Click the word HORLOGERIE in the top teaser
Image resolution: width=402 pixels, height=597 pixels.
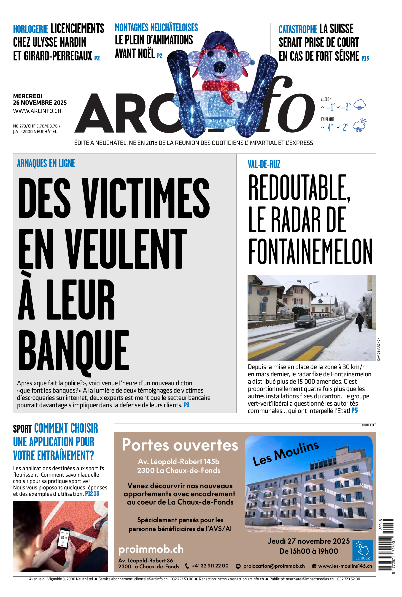coord(30,29)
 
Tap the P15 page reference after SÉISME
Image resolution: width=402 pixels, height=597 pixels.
coord(365,58)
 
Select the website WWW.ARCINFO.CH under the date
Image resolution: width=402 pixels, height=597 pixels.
coord(37,111)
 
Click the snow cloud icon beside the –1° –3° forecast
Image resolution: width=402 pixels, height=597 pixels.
coord(359,105)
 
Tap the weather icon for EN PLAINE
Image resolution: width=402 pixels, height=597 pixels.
coord(359,125)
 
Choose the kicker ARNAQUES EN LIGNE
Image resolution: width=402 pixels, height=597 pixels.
coord(46,163)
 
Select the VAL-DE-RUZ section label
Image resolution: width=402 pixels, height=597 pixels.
coord(264,164)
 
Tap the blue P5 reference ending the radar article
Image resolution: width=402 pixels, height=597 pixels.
coord(354,411)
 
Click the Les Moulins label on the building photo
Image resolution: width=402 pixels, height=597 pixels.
coord(286,454)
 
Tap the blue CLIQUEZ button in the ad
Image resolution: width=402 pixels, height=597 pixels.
coord(362,550)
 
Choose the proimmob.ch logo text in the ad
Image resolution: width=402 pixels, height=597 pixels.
coord(151,549)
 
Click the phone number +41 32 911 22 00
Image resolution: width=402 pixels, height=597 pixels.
coord(210,566)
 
